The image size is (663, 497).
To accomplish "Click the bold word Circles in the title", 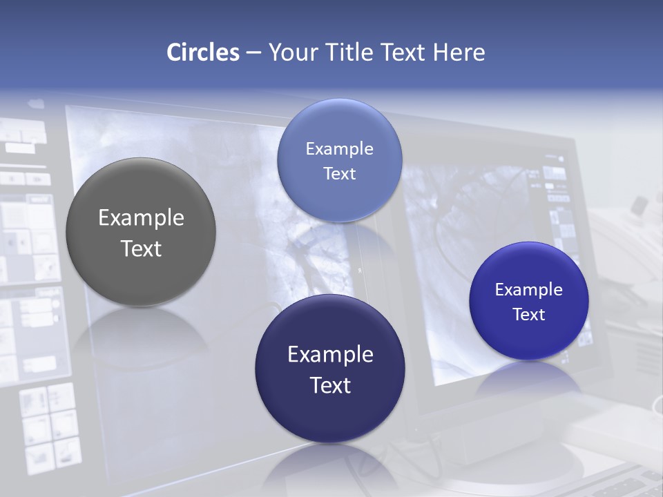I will (x=203, y=52).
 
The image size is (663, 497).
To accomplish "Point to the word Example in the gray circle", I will (x=141, y=218).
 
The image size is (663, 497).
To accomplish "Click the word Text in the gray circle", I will (x=141, y=248).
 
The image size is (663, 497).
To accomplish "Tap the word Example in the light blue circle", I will (x=339, y=149).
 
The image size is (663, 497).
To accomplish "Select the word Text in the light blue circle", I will (x=339, y=173).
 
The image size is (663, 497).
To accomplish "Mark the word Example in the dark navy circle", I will (x=330, y=355).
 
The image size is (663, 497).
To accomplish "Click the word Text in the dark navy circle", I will (x=330, y=385).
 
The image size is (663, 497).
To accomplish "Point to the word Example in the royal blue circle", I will (x=529, y=290).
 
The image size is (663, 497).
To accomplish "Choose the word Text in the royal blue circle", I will (x=529, y=315).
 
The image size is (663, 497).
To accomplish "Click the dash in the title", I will (x=253, y=53).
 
